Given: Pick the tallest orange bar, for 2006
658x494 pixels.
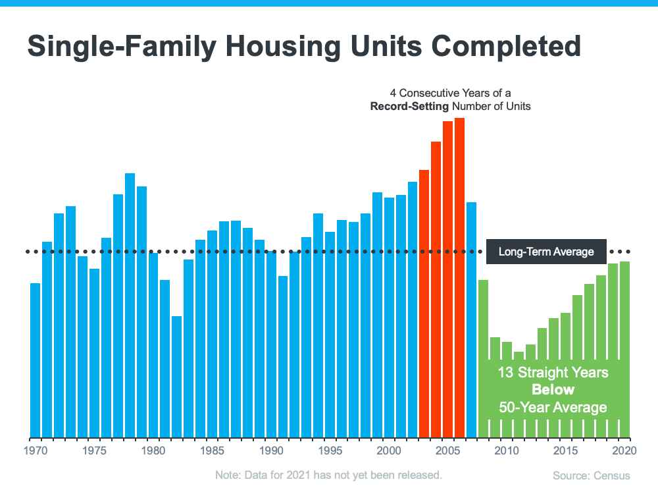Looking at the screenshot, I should click(459, 277).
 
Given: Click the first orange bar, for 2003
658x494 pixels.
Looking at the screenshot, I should click(424, 304).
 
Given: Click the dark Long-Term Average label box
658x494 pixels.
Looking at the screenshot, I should click(546, 252).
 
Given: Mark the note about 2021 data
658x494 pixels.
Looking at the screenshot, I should click(328, 474).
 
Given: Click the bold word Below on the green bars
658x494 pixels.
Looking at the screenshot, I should click(553, 390).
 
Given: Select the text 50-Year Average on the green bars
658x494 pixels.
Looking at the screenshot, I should click(553, 408).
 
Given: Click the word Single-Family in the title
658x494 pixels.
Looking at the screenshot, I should click(112, 47).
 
